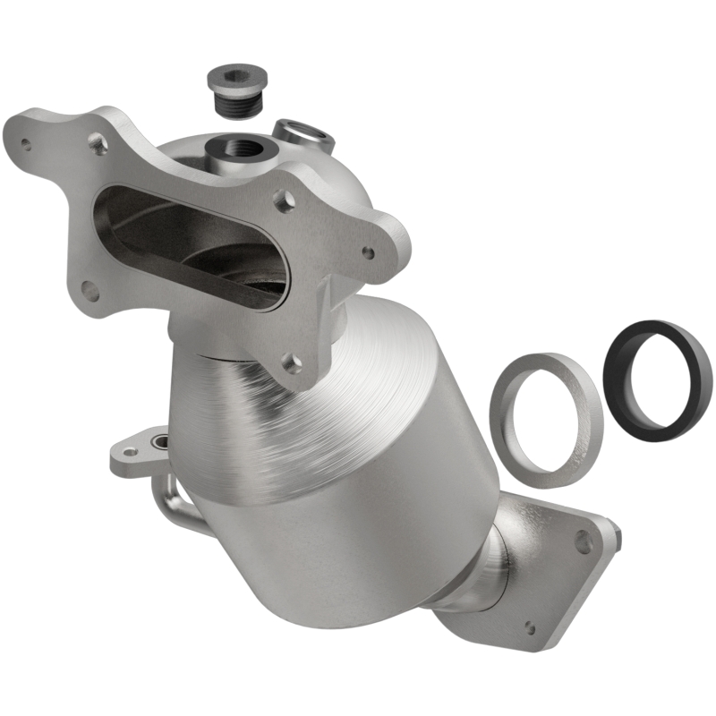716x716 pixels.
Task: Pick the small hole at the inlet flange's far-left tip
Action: click(x=26, y=142)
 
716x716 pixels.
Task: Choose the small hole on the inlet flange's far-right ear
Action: click(x=368, y=252)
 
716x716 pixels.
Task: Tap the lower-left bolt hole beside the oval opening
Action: click(x=89, y=290)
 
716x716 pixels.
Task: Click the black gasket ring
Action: click(x=656, y=379)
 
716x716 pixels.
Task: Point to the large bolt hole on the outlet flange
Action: click(x=583, y=540)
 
